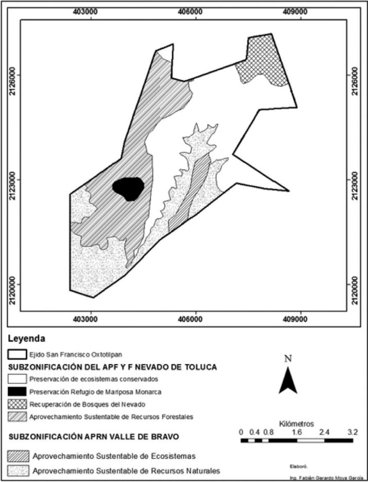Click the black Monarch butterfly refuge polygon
click(129, 188)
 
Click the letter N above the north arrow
click(288, 359)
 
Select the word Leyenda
click(27, 339)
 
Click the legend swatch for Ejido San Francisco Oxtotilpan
click(17, 354)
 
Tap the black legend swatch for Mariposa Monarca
click(17, 392)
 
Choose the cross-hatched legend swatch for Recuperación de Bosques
click(17, 404)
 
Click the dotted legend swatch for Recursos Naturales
click(18, 471)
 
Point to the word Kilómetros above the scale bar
click(296, 424)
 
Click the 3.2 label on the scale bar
click(352, 432)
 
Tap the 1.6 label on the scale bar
click(297, 432)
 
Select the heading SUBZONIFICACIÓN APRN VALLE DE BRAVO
click(93, 437)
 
